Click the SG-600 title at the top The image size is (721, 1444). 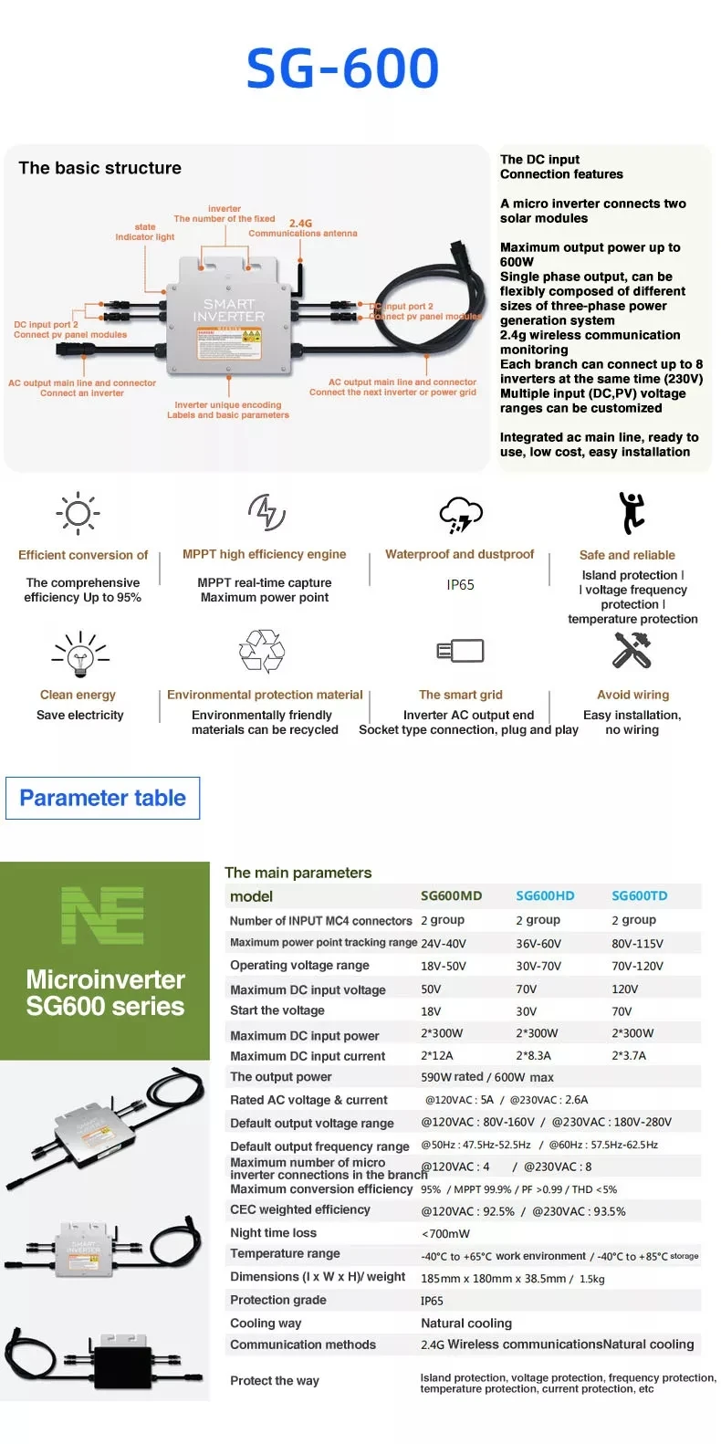click(342, 68)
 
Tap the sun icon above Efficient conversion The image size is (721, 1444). click(78, 513)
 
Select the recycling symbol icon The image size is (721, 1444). click(262, 651)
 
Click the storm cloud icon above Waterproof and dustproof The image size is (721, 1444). click(460, 515)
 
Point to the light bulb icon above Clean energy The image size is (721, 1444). click(80, 654)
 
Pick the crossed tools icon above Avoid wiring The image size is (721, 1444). click(631, 650)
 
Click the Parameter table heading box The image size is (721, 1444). click(102, 798)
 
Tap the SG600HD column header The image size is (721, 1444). click(545, 896)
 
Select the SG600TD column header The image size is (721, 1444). click(639, 896)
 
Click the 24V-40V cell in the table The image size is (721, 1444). click(444, 944)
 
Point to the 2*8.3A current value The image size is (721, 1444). click(534, 1056)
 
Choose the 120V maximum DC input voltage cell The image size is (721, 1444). click(625, 989)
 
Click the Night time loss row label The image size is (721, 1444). click(273, 1233)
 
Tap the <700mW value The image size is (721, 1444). click(445, 1234)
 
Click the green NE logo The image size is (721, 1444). click(102, 916)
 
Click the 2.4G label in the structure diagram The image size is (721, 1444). click(300, 224)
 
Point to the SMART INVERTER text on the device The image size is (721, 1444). click(229, 310)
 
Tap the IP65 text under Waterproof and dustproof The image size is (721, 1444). click(460, 585)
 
